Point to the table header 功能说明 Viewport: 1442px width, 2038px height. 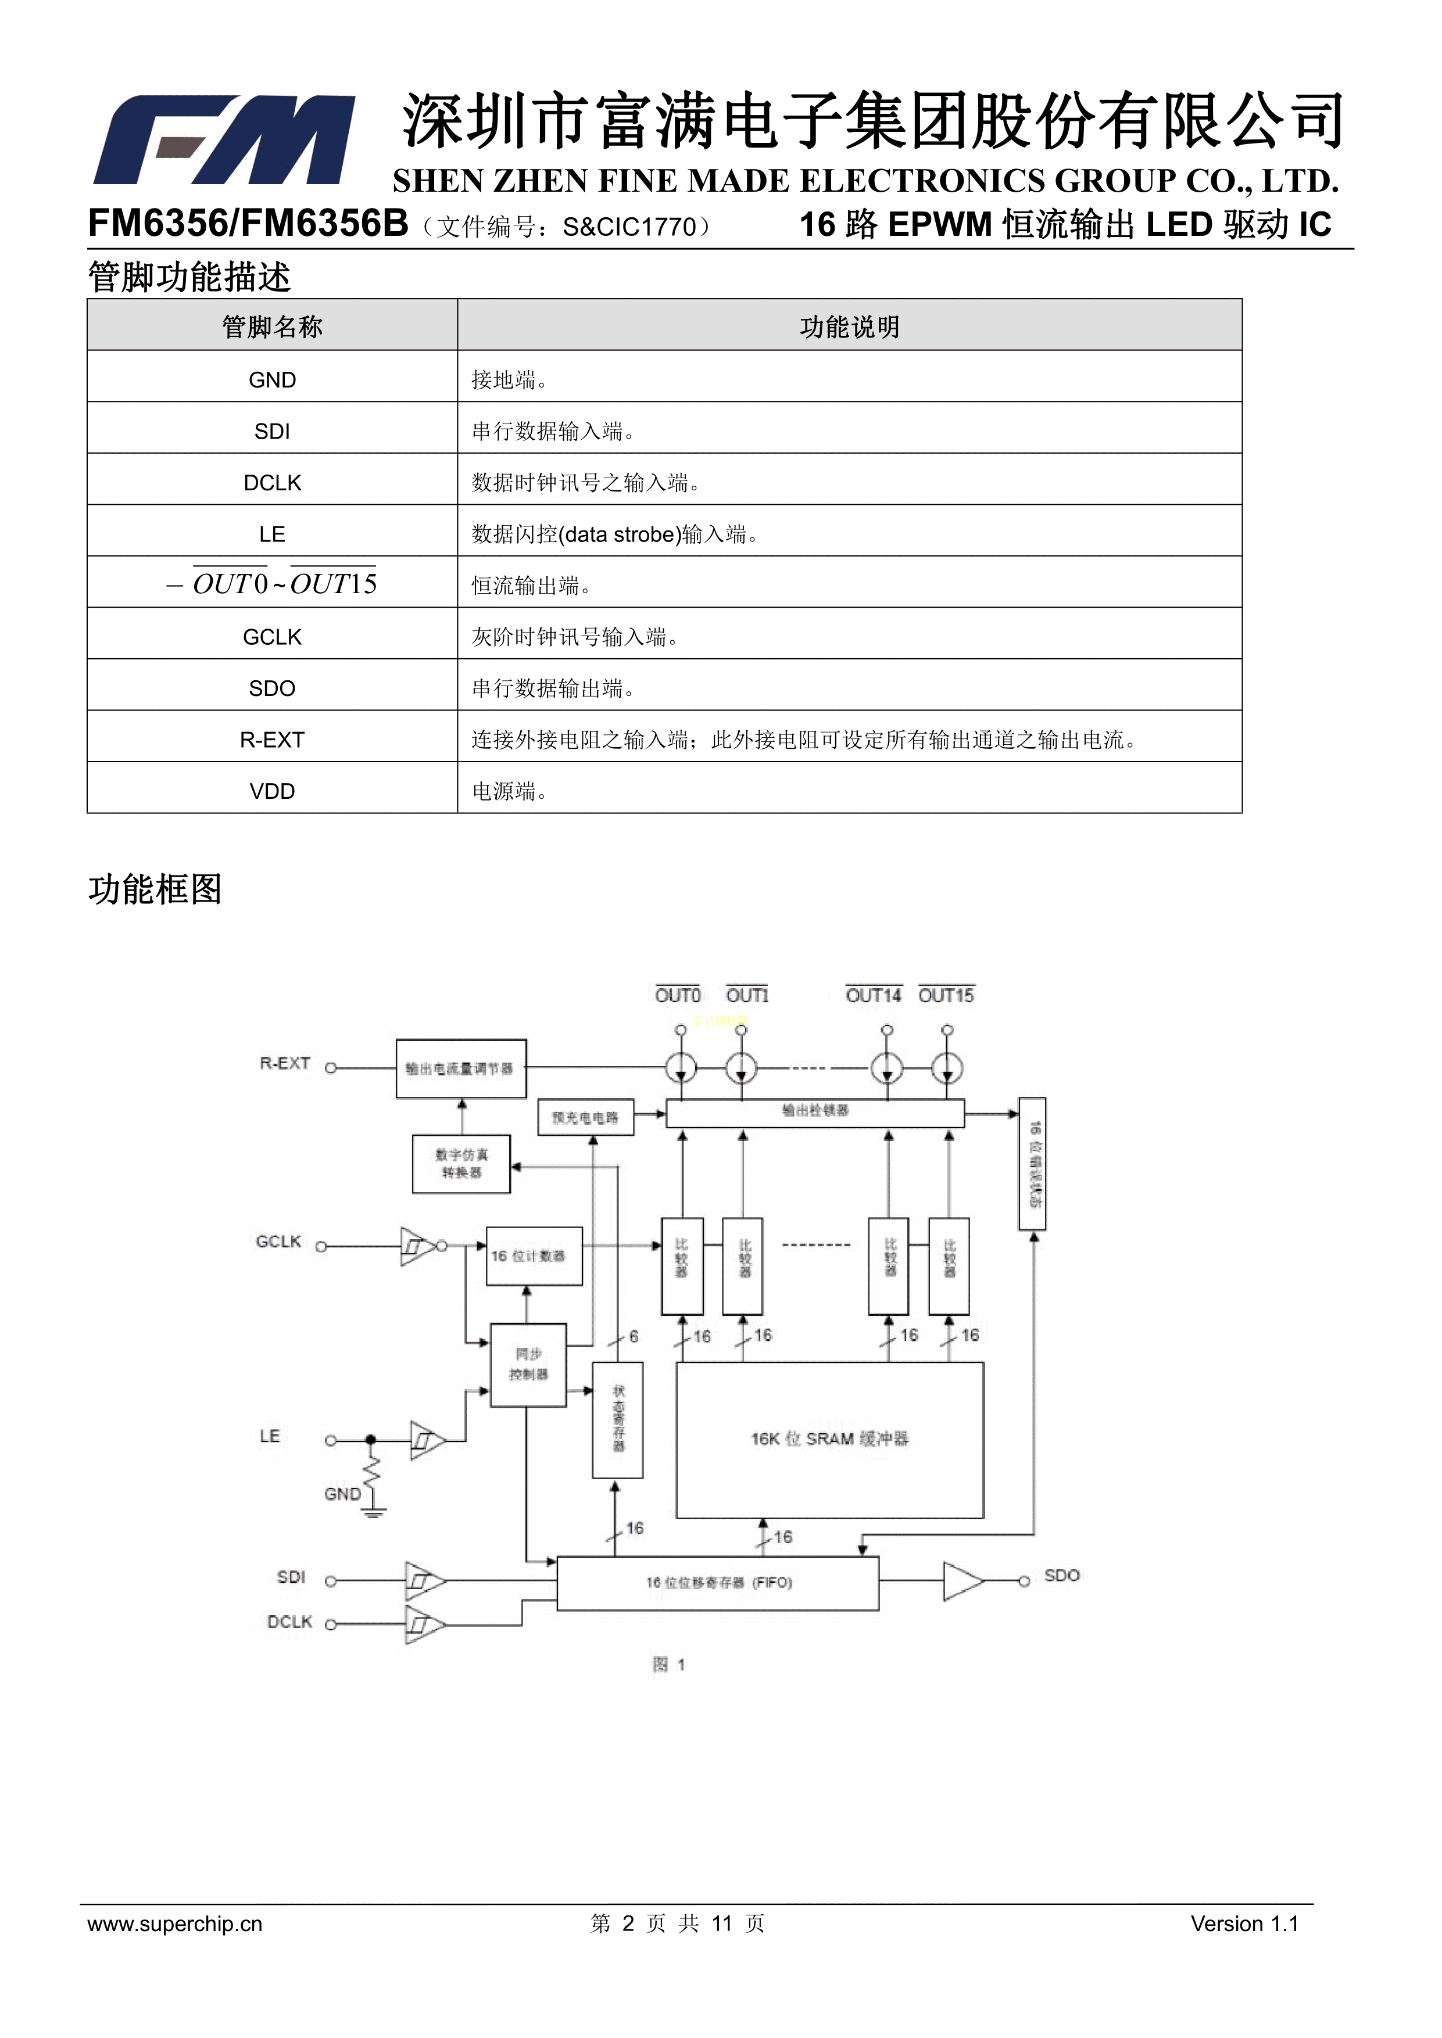pyautogui.click(x=849, y=326)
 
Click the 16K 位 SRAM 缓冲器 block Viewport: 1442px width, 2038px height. pyautogui.click(x=829, y=1440)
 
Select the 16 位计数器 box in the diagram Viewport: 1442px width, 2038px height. pyautogui.click(x=534, y=1256)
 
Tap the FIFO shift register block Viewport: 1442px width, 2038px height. pyautogui.click(x=717, y=1583)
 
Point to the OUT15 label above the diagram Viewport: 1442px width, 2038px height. pyautogui.click(x=946, y=996)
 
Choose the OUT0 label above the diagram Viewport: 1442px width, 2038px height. pyautogui.click(x=678, y=996)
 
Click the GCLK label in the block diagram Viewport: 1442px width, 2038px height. pyautogui.click(x=278, y=1242)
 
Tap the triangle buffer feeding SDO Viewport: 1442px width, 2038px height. pyautogui.click(x=962, y=1581)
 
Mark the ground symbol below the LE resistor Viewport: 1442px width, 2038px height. pyautogui.click(x=374, y=1512)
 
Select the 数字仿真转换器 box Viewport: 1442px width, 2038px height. pyautogui.click(x=461, y=1164)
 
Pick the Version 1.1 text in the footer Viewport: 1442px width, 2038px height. pyautogui.click(x=1244, y=1924)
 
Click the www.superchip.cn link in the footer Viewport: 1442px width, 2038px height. pyautogui.click(x=175, y=1924)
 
